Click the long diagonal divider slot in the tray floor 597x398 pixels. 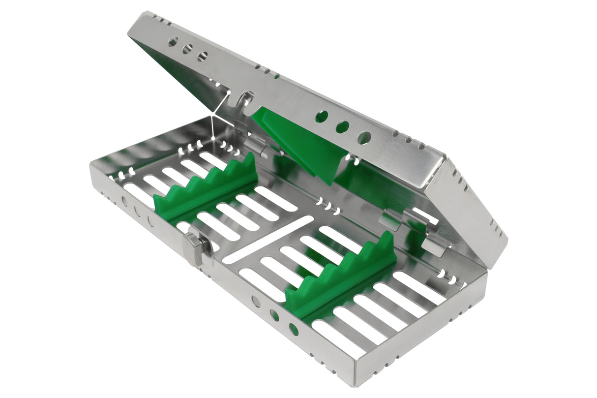pyautogui.click(x=268, y=238)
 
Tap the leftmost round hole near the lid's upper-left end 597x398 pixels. pyautogui.click(x=173, y=42)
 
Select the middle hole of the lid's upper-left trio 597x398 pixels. pyautogui.click(x=187, y=49)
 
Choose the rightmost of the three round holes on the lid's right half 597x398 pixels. pyautogui.click(x=364, y=138)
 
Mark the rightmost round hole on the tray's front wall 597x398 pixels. pyautogui.click(x=294, y=329)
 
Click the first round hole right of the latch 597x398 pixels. pyautogui.click(x=256, y=302)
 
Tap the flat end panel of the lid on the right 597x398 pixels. pyautogui.click(x=467, y=212)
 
